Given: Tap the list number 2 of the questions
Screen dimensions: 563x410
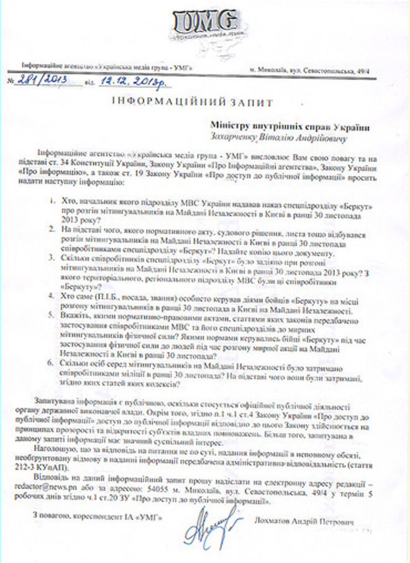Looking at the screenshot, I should (x=53, y=230).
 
